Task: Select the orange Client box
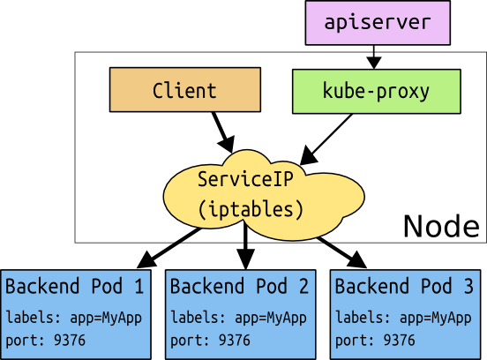pos(184,91)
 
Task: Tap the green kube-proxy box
pos(376,91)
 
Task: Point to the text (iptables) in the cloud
pos(251,210)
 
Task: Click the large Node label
pos(441,226)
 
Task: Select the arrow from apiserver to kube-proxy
pos(374,56)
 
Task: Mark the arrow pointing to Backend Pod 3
pos(340,249)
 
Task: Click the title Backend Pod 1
pos(75,288)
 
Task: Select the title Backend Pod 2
pos(239,288)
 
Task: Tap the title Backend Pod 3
pos(404,288)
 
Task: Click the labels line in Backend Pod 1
pos(74,318)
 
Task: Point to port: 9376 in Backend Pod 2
pos(210,340)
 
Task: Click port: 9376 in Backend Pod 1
pos(46,340)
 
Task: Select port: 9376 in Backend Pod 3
pos(374,340)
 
